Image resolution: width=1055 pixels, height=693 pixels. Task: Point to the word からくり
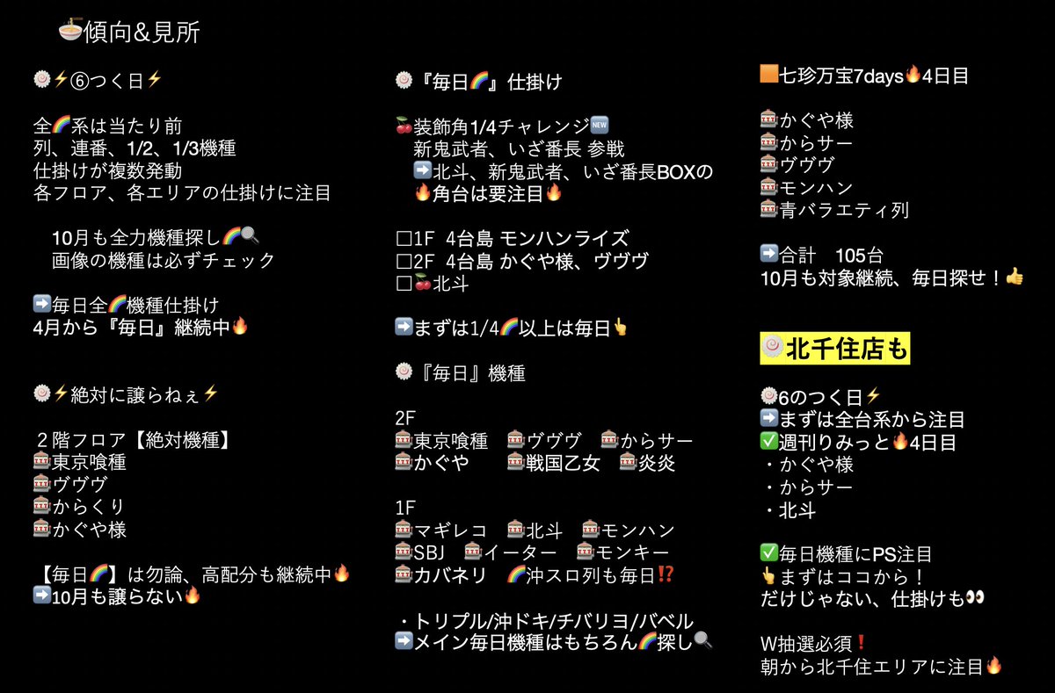pos(89,507)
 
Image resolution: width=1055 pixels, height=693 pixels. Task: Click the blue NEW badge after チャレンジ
pos(600,126)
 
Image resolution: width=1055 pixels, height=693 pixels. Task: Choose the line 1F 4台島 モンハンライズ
pos(513,238)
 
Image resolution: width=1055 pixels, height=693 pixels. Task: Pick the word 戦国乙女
pos(562,463)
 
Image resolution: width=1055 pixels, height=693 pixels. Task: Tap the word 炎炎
pos(657,463)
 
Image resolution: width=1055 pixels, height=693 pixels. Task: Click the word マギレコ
pos(451,531)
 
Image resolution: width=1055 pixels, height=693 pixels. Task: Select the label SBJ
pos(432,552)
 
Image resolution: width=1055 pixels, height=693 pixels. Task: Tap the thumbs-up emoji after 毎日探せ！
pos(1015,278)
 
